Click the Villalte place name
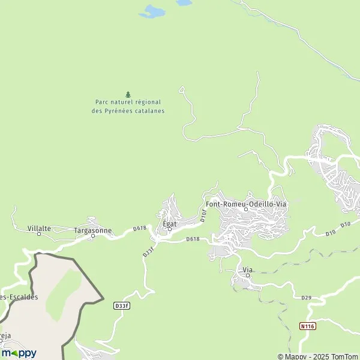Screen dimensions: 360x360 (x=40, y=229)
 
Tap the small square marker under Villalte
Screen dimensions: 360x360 (x=40, y=234)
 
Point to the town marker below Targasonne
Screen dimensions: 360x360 (x=93, y=236)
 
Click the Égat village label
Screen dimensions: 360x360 (x=169, y=224)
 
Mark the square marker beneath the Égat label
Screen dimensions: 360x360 (x=169, y=229)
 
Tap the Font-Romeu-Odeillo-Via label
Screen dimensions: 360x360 (x=246, y=204)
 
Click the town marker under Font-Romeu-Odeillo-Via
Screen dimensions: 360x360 (x=245, y=209)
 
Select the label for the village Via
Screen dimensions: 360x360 (x=247, y=269)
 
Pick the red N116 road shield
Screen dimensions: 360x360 (x=308, y=326)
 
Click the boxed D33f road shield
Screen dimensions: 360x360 (x=122, y=305)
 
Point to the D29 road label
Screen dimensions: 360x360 (x=307, y=297)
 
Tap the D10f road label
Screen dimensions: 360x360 (x=203, y=217)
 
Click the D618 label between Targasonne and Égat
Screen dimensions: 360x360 (x=140, y=228)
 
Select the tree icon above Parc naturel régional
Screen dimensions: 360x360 (x=128, y=94)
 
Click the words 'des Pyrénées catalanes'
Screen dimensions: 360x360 (x=128, y=110)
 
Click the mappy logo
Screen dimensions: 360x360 (x=19, y=353)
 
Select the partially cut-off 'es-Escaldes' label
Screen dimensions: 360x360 (x=19, y=297)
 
